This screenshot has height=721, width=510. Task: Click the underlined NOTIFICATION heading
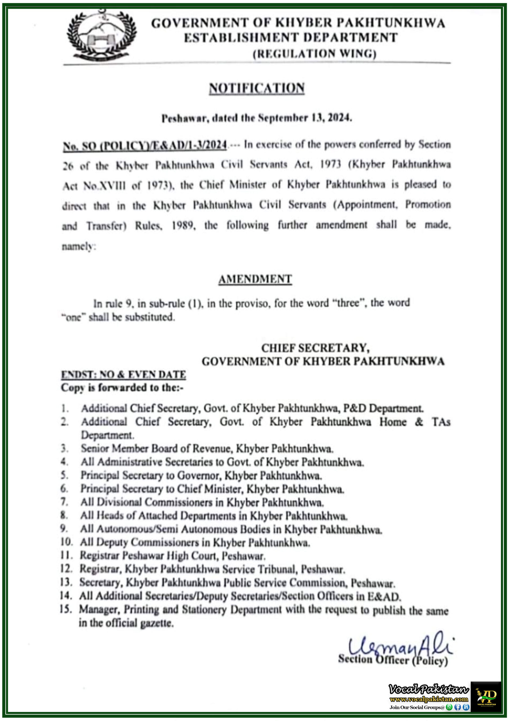(x=257, y=88)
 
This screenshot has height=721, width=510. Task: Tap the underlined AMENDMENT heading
(x=255, y=279)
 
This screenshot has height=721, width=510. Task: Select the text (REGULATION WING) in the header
(x=314, y=54)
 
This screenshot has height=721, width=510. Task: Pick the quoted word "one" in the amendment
(x=73, y=317)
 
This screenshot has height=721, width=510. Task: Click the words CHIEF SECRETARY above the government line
(x=315, y=348)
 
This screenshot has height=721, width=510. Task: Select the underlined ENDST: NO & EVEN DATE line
(x=123, y=375)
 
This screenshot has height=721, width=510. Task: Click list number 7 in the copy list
(x=64, y=502)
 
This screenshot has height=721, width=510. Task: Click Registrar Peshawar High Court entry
(x=172, y=556)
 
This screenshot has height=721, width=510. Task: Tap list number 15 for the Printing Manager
(x=66, y=609)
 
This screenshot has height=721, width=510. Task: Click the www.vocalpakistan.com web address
(x=429, y=699)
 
